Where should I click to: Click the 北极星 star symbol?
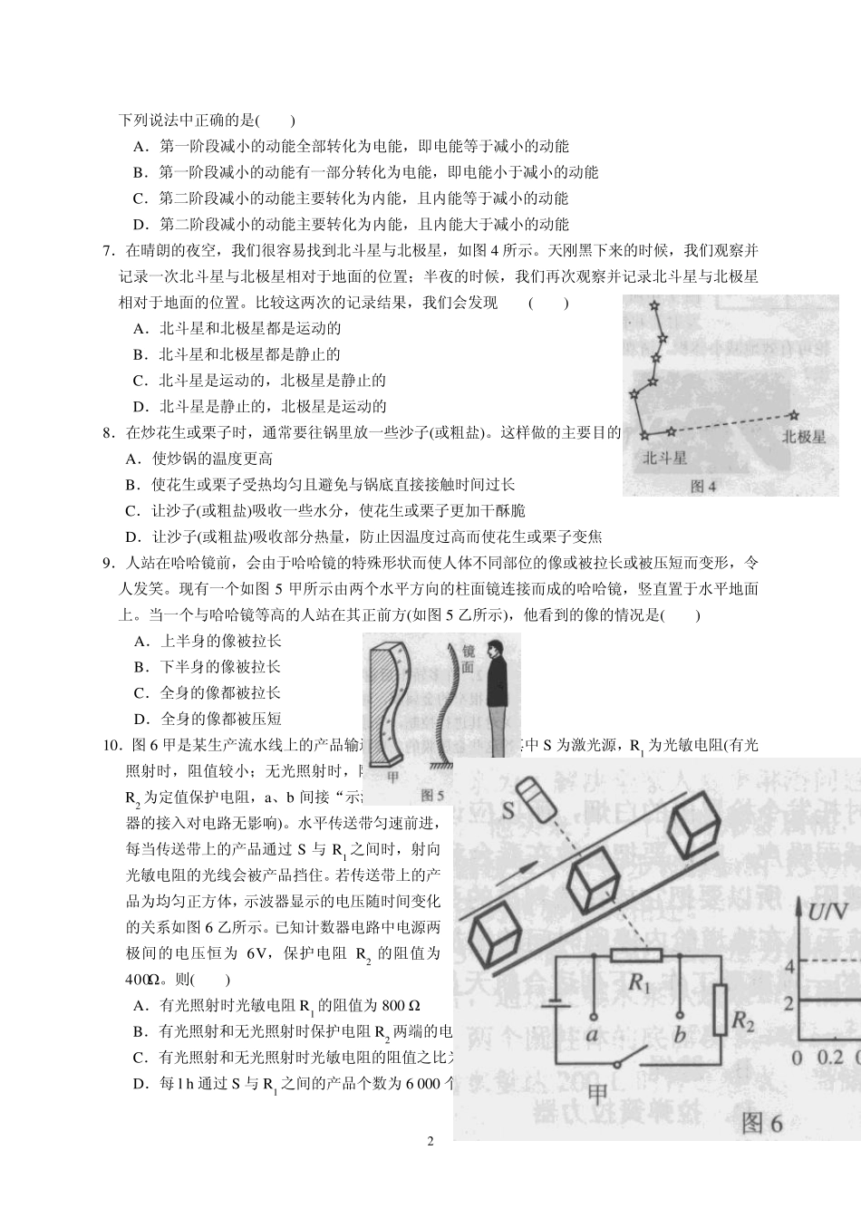[x=794, y=415]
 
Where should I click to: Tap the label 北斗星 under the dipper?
[x=664, y=459]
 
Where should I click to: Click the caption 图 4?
[x=702, y=487]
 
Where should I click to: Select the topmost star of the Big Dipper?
[x=652, y=305]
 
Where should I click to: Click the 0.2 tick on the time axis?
[x=828, y=1058]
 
